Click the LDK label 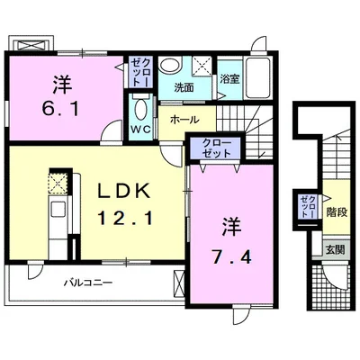(x=125, y=192)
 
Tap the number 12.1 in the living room (x=124, y=218)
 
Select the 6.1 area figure (x=60, y=109)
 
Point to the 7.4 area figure (x=231, y=257)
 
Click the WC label (x=141, y=130)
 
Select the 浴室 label (x=229, y=79)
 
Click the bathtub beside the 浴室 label (x=258, y=77)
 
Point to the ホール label (x=184, y=120)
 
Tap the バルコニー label (x=89, y=283)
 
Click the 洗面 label (x=184, y=88)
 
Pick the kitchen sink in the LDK (x=58, y=209)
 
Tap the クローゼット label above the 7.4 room (x=217, y=148)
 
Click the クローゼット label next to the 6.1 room (x=140, y=72)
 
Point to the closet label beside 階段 (x=309, y=207)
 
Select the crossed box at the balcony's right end (x=179, y=283)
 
